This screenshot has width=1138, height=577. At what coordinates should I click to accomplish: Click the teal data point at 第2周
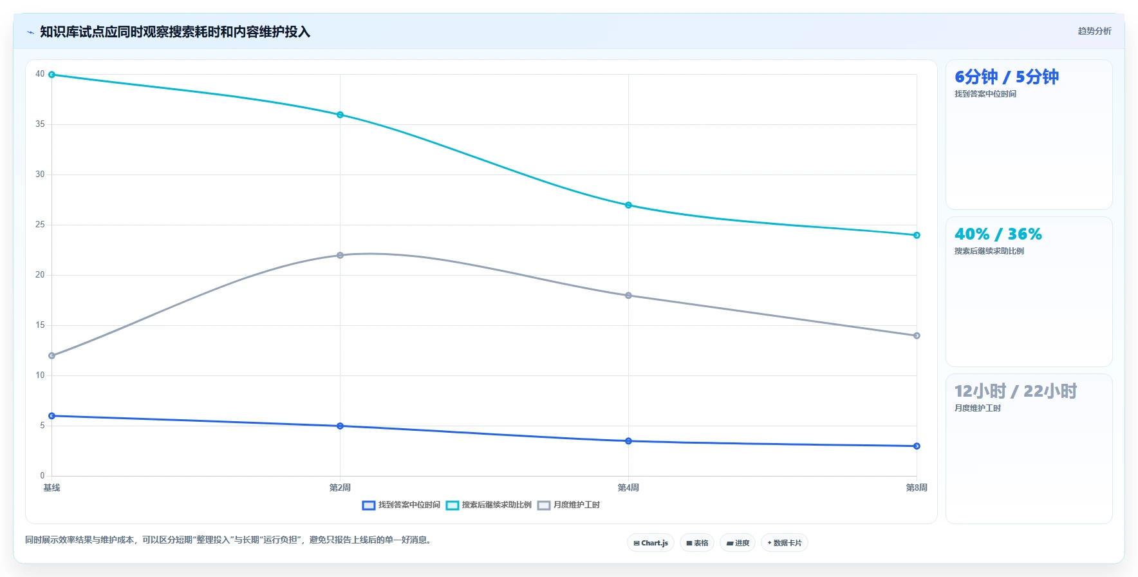(340, 115)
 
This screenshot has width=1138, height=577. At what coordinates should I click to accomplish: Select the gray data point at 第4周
(628, 296)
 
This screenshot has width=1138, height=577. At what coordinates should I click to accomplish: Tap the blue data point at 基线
(52, 416)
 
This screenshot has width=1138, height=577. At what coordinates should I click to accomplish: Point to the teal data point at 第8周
(917, 235)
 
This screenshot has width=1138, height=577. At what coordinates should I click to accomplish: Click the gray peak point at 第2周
(340, 255)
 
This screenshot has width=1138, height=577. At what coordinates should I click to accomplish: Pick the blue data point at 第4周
(628, 441)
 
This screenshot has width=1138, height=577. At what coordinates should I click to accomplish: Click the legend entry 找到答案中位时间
(401, 505)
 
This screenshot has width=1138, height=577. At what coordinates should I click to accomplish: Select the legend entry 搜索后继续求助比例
(489, 505)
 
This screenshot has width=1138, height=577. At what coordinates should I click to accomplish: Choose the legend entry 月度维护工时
(568, 505)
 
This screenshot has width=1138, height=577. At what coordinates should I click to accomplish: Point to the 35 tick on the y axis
(40, 124)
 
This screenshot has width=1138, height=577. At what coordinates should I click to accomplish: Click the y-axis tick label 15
(40, 325)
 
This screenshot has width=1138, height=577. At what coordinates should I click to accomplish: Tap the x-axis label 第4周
(628, 487)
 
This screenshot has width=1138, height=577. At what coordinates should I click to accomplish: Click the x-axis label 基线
(51, 487)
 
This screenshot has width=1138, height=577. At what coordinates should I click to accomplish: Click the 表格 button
(697, 543)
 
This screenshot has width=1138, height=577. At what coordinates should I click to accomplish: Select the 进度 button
(738, 543)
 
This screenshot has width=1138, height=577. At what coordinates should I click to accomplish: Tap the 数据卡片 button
(784, 543)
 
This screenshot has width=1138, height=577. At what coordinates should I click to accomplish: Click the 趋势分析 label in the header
(1094, 31)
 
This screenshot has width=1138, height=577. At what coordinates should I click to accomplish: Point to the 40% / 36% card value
(998, 234)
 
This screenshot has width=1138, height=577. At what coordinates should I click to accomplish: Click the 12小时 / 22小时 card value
(1015, 391)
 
